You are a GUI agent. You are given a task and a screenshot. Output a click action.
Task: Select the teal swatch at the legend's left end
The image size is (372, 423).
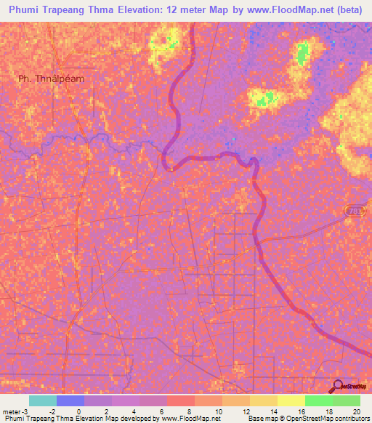(x=43, y=400)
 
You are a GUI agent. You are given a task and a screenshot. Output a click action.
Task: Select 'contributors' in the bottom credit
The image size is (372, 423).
(x=352, y=419)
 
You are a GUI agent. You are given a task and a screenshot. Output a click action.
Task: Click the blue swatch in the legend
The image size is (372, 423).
(x=70, y=400)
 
